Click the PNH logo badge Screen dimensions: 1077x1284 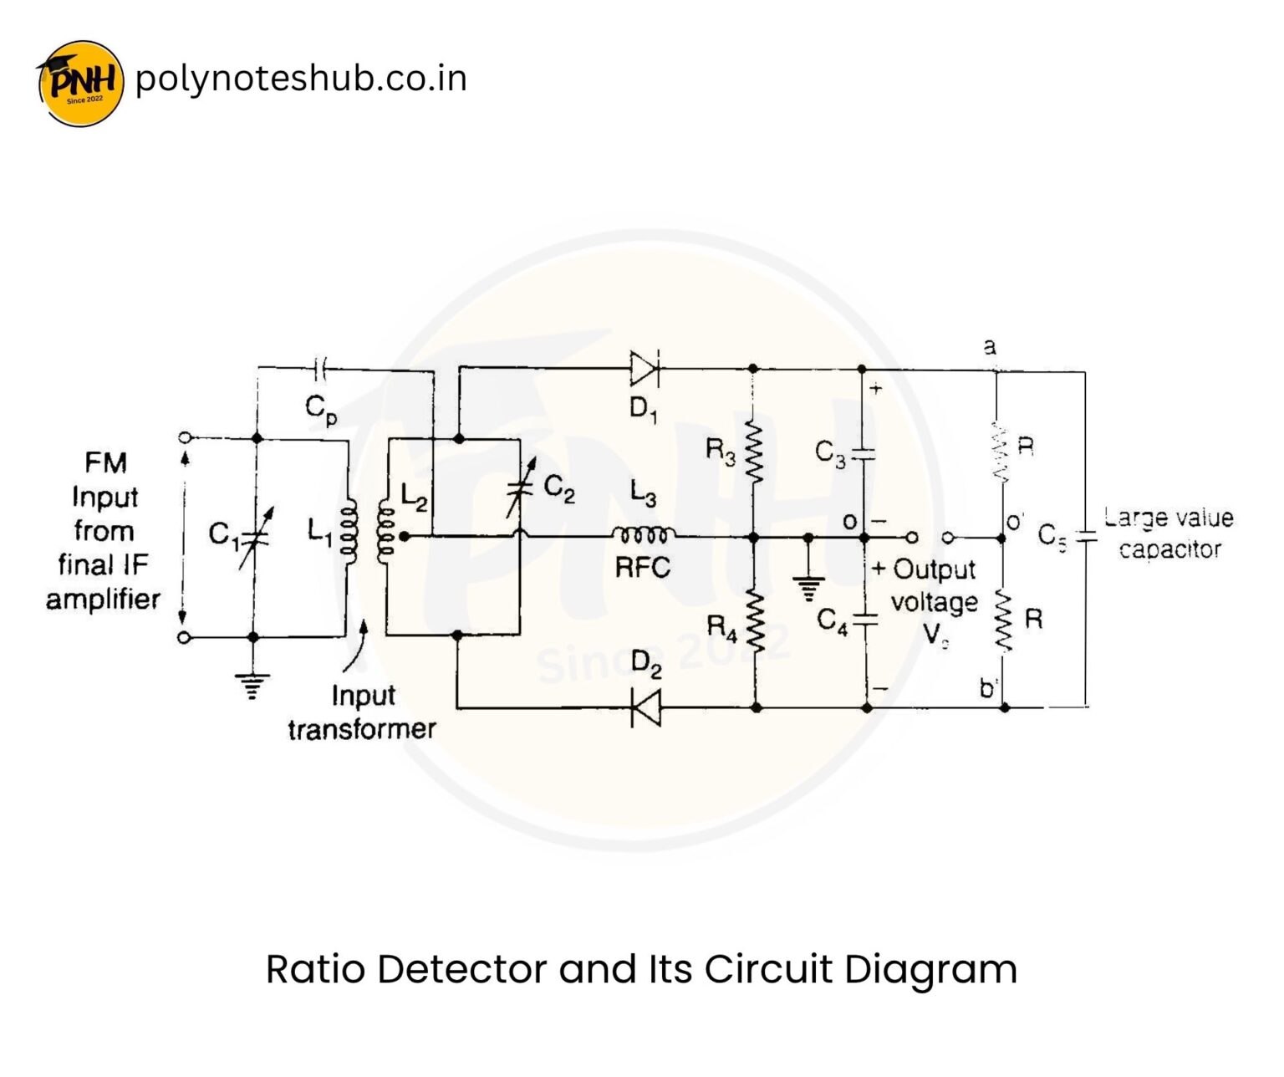pos(81,82)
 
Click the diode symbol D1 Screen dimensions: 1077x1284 pos(645,368)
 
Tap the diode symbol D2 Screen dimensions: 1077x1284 pos(645,708)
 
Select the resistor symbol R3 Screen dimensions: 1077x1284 pos(754,452)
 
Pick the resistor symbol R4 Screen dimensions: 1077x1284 pos(756,621)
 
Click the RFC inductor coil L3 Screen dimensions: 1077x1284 pos(643,535)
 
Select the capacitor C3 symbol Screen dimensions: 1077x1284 pos(864,454)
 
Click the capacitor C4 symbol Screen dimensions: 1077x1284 pos(867,620)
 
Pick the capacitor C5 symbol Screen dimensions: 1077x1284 pos(1085,537)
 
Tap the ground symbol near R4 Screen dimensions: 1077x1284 pos(808,588)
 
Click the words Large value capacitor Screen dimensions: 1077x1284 pos(1168,533)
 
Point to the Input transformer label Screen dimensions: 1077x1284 pos(362,712)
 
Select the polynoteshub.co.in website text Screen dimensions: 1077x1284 pos(300,79)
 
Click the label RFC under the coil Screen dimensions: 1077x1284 pos(642,568)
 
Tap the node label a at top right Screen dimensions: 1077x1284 pos(990,346)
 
